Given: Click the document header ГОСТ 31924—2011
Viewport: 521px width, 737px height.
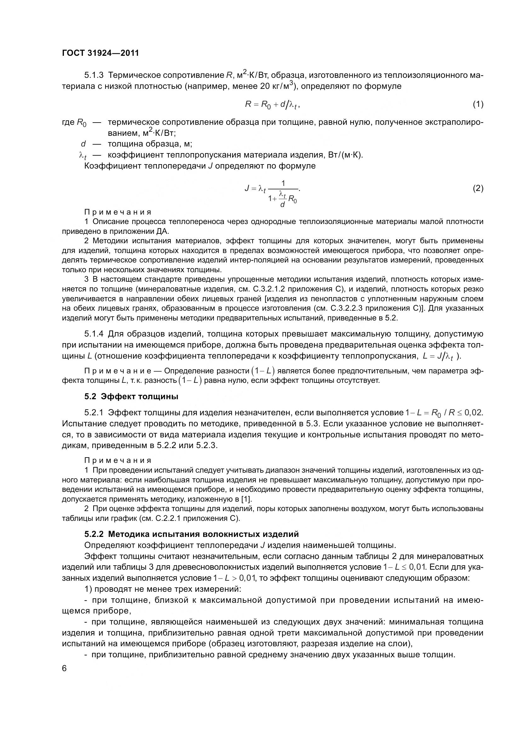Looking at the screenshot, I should [x=100, y=53].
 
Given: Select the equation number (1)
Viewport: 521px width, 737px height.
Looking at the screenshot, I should [x=478, y=104].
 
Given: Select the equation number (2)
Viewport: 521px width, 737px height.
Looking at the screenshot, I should [x=478, y=188].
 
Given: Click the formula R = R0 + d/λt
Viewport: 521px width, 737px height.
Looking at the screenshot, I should [x=272, y=104].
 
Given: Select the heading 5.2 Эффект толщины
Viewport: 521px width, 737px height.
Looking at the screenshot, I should [x=131, y=397].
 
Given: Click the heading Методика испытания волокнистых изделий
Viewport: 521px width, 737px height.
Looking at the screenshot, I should [x=203, y=534].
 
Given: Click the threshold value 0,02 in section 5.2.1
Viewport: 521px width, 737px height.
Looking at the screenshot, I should [x=473, y=412].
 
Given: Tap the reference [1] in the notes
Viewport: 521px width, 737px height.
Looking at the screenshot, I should [x=247, y=499].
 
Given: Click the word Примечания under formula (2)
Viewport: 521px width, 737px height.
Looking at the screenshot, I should [x=118, y=212].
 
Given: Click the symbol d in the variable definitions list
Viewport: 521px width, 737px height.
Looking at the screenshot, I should [x=83, y=144].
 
